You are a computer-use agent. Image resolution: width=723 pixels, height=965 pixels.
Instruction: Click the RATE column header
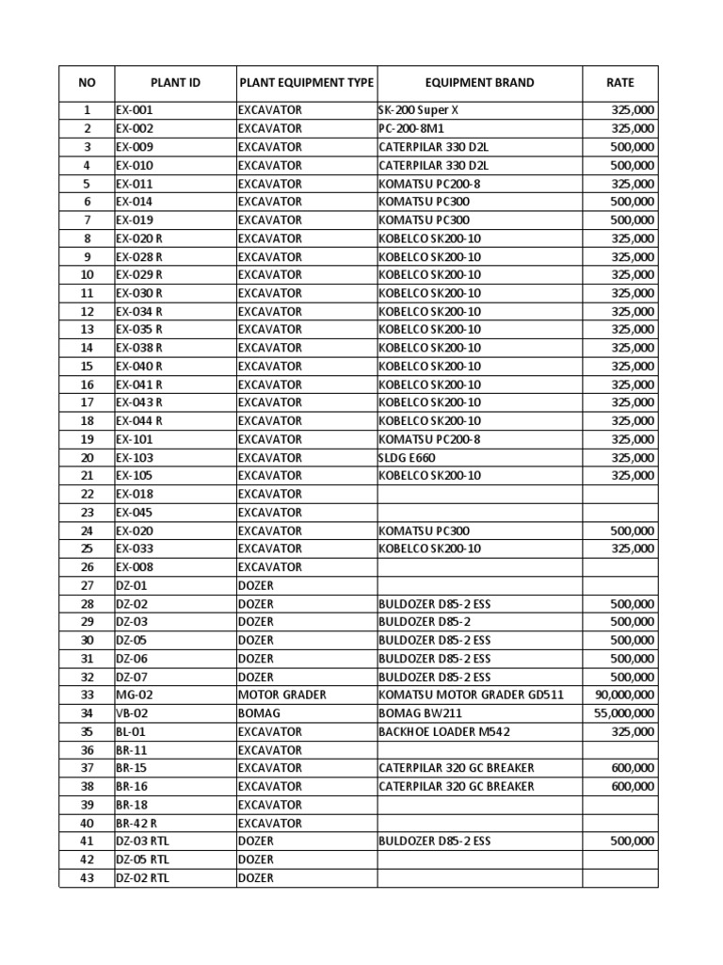click(619, 83)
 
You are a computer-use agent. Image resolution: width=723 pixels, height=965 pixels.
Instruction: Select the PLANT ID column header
click(175, 83)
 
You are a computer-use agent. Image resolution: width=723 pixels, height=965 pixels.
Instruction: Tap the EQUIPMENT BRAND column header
click(479, 83)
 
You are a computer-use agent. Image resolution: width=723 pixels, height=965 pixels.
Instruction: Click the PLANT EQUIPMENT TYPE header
click(306, 83)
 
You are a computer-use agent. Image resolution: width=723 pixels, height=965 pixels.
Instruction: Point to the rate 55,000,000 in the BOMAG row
click(625, 713)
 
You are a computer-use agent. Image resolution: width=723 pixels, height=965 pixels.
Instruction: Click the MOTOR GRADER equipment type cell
click(282, 695)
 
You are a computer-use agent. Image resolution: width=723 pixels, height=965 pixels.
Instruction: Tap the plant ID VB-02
click(134, 713)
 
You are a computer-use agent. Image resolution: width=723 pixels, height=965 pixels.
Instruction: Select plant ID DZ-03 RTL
click(143, 841)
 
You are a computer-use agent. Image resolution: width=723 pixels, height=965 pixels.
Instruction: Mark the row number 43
click(87, 877)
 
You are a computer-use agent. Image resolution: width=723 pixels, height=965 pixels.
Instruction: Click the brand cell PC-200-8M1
click(414, 128)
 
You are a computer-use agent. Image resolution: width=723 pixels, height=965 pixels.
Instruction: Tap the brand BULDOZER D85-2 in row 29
click(425, 622)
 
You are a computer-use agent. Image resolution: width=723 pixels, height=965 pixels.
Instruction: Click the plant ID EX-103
click(135, 457)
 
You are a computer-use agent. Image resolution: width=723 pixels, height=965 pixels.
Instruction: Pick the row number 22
click(87, 494)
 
